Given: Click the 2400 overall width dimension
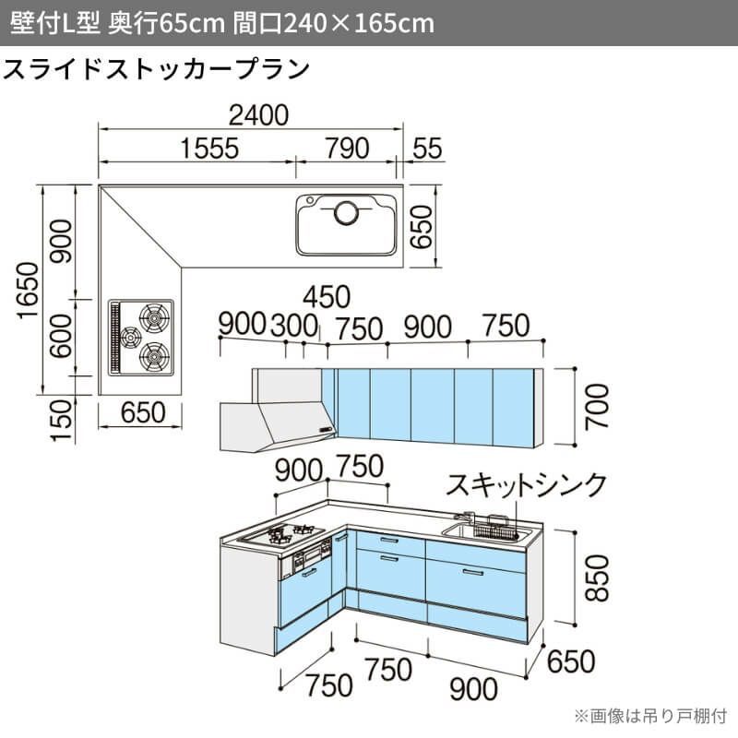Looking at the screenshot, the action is coord(258,115).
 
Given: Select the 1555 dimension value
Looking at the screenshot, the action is coord(210,149).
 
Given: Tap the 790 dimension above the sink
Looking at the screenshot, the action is coord(347,149).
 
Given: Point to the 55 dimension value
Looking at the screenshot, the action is coord(427,149).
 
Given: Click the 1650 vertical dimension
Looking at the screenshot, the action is coord(28,291).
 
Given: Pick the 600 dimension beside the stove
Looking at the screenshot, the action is coord(62,336).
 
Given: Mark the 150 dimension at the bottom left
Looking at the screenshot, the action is coord(62,421).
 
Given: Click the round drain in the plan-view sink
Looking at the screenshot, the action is coord(347,213).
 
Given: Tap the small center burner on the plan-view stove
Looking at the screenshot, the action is coord(130,337).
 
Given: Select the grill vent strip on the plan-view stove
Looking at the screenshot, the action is coord(114,337).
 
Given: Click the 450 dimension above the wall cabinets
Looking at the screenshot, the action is coord(327,297).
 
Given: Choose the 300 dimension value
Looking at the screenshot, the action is coord(294,326).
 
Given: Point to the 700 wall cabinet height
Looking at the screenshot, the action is coord(596,406).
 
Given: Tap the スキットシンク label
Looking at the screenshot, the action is coord(526,485).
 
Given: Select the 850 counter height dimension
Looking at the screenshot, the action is coord(596,578).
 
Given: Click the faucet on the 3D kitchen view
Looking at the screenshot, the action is coord(466,517).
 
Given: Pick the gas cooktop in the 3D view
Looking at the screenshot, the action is coord(281,535).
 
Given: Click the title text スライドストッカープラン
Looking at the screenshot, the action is coord(156,69).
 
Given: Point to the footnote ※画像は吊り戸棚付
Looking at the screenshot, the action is coord(650,716).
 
